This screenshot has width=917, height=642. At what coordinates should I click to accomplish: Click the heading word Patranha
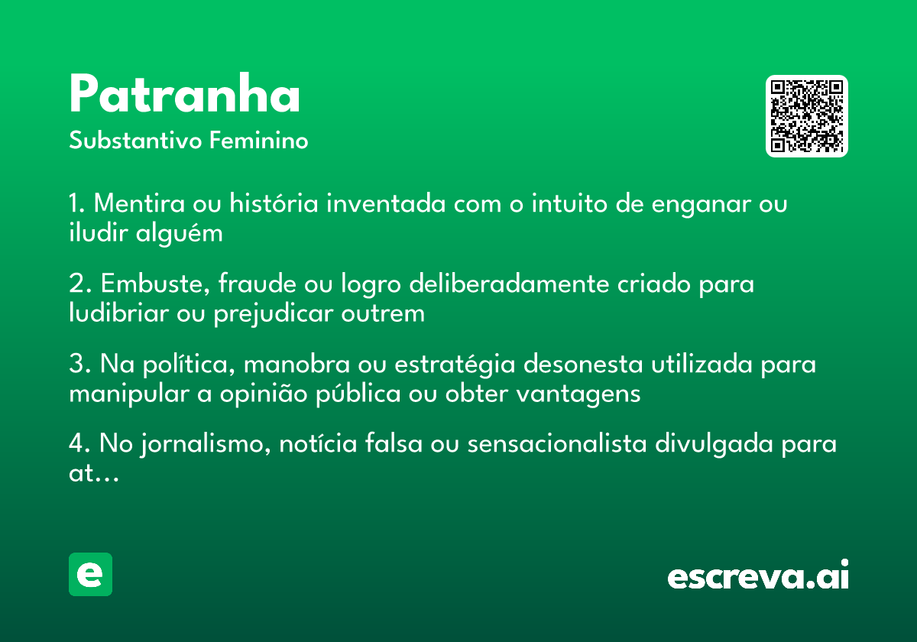point(185,93)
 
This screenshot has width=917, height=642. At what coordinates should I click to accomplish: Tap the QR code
point(806,116)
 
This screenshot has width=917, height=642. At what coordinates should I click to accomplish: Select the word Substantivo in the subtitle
point(135,140)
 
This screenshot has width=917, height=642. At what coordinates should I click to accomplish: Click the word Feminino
point(259,140)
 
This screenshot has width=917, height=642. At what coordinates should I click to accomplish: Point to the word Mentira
point(139,203)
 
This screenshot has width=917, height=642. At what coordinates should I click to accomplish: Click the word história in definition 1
point(274,203)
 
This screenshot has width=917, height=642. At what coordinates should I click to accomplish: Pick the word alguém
point(180,234)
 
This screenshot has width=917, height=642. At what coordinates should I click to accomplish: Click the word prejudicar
point(274,314)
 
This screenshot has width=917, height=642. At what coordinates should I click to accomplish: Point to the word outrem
point(383,314)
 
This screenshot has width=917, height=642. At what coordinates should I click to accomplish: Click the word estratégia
point(455,365)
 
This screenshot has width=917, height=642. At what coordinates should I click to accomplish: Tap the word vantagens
point(578,394)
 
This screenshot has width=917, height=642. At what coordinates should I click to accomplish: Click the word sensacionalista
point(557,444)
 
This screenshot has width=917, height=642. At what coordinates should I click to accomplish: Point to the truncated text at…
point(94,474)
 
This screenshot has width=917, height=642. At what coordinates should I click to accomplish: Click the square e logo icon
point(90,574)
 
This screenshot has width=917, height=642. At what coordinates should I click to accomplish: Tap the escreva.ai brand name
point(758,575)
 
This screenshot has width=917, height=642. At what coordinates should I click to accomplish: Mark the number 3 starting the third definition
point(77,363)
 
